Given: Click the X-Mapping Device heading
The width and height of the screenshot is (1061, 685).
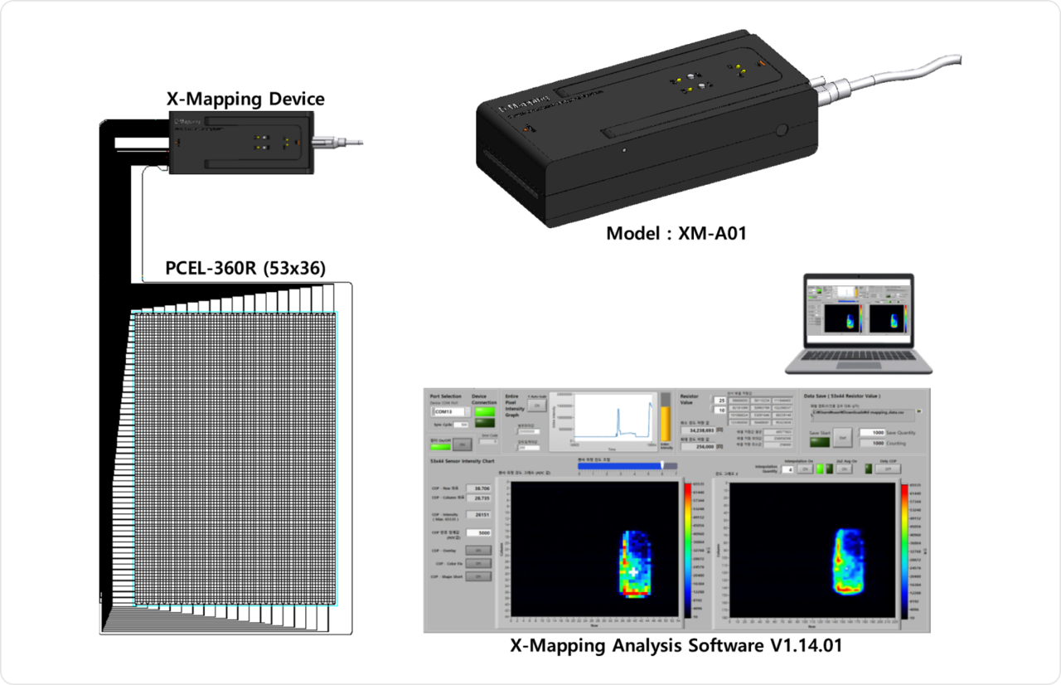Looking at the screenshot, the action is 245,100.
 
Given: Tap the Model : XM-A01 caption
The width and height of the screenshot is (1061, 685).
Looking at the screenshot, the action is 676,234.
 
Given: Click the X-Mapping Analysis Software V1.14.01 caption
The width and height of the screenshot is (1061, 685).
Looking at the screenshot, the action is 676,645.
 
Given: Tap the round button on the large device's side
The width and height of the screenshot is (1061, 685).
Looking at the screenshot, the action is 782,130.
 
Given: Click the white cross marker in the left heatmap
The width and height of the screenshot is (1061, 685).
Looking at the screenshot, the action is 634,572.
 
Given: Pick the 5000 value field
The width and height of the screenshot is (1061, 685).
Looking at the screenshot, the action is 480,532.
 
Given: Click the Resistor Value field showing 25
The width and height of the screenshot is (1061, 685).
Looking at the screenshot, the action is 720,401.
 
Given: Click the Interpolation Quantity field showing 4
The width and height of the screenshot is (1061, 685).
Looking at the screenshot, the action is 788,469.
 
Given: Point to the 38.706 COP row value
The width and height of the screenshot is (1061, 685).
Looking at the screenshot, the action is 479,488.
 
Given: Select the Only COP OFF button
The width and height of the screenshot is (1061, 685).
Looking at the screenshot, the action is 889,469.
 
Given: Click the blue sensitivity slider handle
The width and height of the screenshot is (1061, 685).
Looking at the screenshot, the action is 661,466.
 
